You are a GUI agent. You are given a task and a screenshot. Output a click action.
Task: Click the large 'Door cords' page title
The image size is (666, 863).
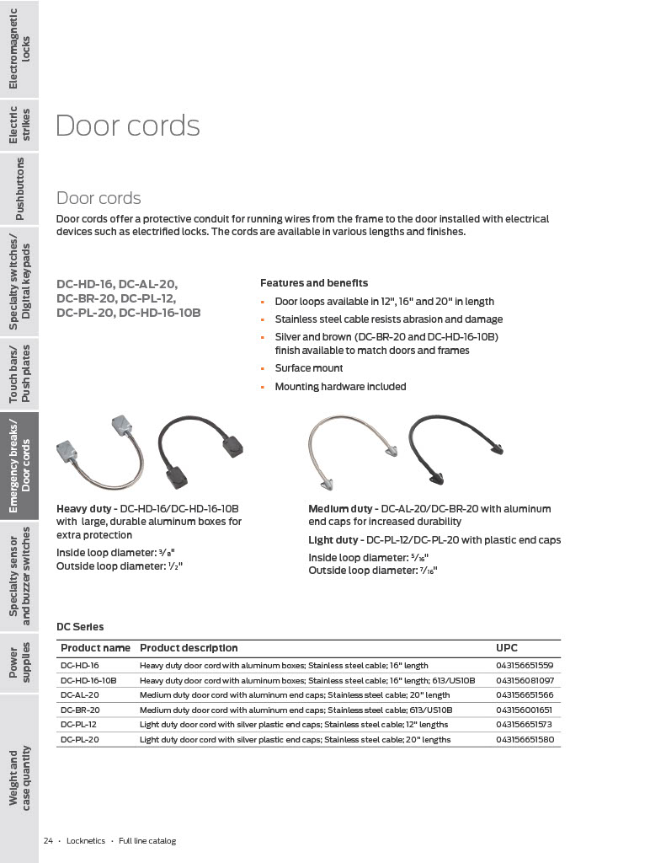(x=127, y=126)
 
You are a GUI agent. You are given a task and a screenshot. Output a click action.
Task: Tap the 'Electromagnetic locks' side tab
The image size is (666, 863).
(x=19, y=48)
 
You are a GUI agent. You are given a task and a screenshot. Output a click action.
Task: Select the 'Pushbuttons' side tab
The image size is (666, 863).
(x=19, y=188)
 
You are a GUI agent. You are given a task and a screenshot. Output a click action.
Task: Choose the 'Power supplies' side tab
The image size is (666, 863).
(x=19, y=662)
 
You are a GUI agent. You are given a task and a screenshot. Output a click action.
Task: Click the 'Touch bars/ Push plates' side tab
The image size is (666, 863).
(x=19, y=373)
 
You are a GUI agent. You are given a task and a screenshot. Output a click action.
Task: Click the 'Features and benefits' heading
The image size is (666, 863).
(x=314, y=283)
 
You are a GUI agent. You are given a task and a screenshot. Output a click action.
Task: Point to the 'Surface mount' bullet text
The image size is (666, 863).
(x=309, y=368)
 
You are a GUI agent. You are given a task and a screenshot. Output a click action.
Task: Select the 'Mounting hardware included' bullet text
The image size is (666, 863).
(x=340, y=387)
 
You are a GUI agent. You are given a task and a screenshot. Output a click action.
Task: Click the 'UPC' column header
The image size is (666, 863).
(x=507, y=648)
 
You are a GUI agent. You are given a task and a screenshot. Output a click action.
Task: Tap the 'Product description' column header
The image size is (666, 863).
(x=189, y=648)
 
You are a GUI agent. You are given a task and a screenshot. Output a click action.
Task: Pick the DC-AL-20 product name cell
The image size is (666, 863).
(x=80, y=695)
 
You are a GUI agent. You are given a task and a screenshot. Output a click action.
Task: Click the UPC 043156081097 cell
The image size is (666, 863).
(x=525, y=680)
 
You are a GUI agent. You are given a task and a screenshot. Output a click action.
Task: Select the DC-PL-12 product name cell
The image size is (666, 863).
(x=79, y=725)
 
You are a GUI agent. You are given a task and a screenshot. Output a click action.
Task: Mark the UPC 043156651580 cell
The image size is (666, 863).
(x=525, y=740)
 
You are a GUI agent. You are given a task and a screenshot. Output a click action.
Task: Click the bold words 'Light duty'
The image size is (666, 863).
(x=333, y=540)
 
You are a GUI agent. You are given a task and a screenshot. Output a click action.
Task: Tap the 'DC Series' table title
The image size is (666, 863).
(x=80, y=627)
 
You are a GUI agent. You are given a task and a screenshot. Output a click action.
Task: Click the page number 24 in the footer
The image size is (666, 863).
(x=49, y=841)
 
